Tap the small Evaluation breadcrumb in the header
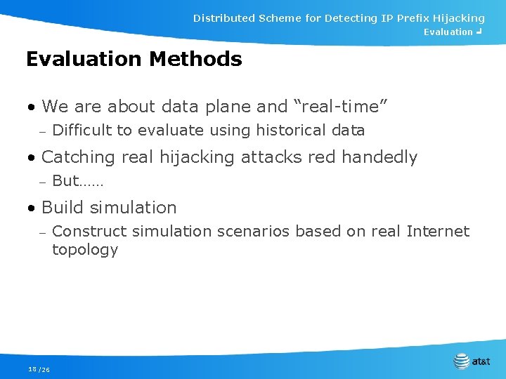(x=448, y=32)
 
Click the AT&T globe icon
(x=461, y=361)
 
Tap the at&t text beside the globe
(x=481, y=362)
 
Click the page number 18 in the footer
(x=32, y=369)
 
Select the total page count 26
(x=45, y=370)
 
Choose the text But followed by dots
(x=77, y=181)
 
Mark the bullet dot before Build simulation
(x=31, y=208)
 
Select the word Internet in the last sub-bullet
(x=437, y=232)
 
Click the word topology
(x=85, y=251)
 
